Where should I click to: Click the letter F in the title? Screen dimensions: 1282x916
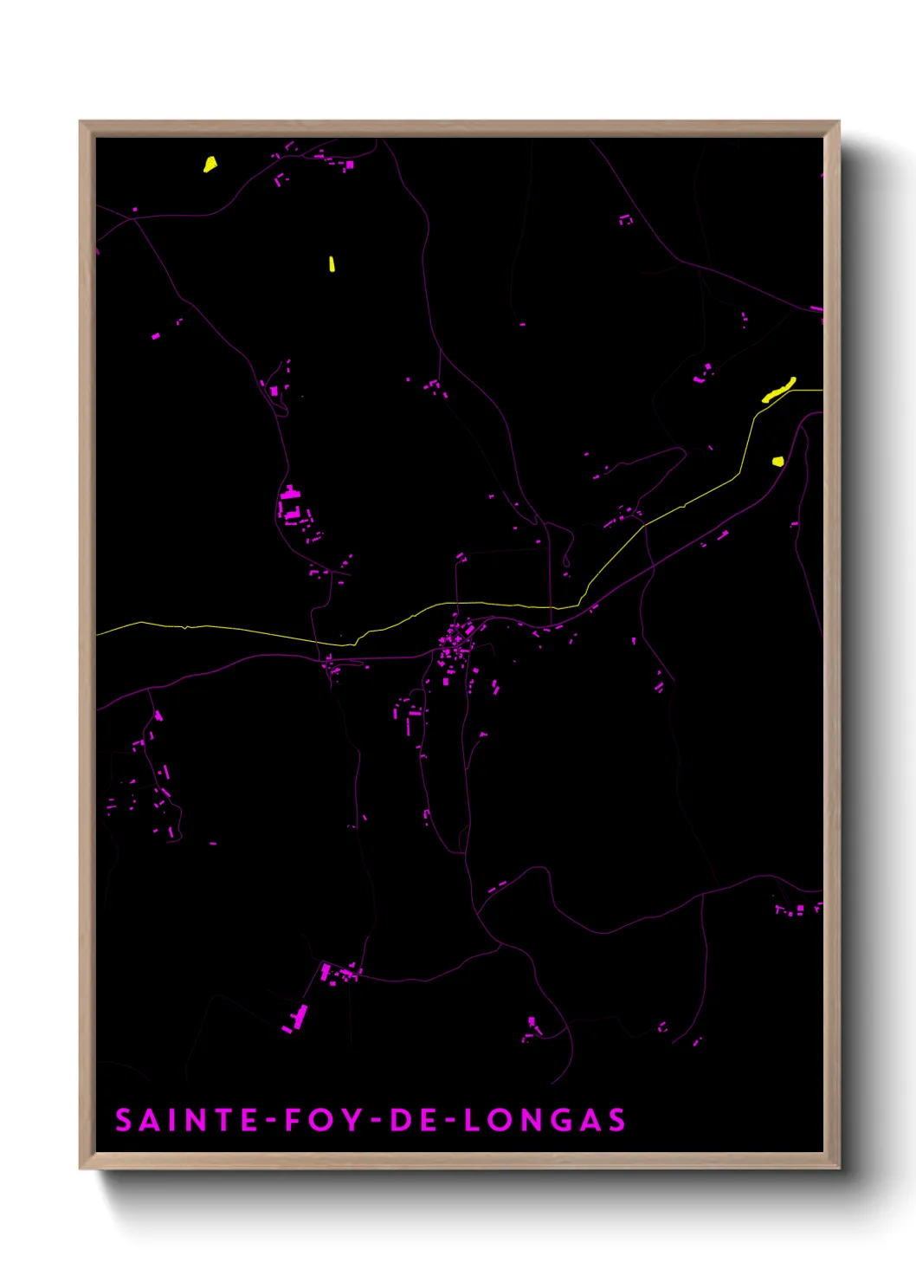[294, 1120]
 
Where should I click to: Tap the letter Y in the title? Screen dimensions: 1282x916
[352, 1120]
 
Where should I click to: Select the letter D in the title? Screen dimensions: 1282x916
[400, 1120]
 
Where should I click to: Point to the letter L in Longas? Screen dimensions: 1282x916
[473, 1120]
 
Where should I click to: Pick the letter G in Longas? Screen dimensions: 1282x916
[559, 1120]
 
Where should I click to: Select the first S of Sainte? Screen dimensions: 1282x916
[124, 1120]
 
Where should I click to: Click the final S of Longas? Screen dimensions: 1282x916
[616, 1120]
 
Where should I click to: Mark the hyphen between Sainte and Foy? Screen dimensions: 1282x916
[272, 1121]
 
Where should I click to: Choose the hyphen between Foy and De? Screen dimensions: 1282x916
[376, 1121]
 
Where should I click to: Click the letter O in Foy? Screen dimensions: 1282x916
[322, 1120]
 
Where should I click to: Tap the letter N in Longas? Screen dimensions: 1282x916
[530, 1120]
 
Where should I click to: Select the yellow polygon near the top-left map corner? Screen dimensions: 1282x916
[210, 164]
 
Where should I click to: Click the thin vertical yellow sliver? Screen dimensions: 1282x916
[332, 263]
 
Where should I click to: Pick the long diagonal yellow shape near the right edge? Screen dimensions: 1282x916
[778, 390]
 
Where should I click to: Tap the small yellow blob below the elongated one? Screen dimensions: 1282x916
[777, 461]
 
